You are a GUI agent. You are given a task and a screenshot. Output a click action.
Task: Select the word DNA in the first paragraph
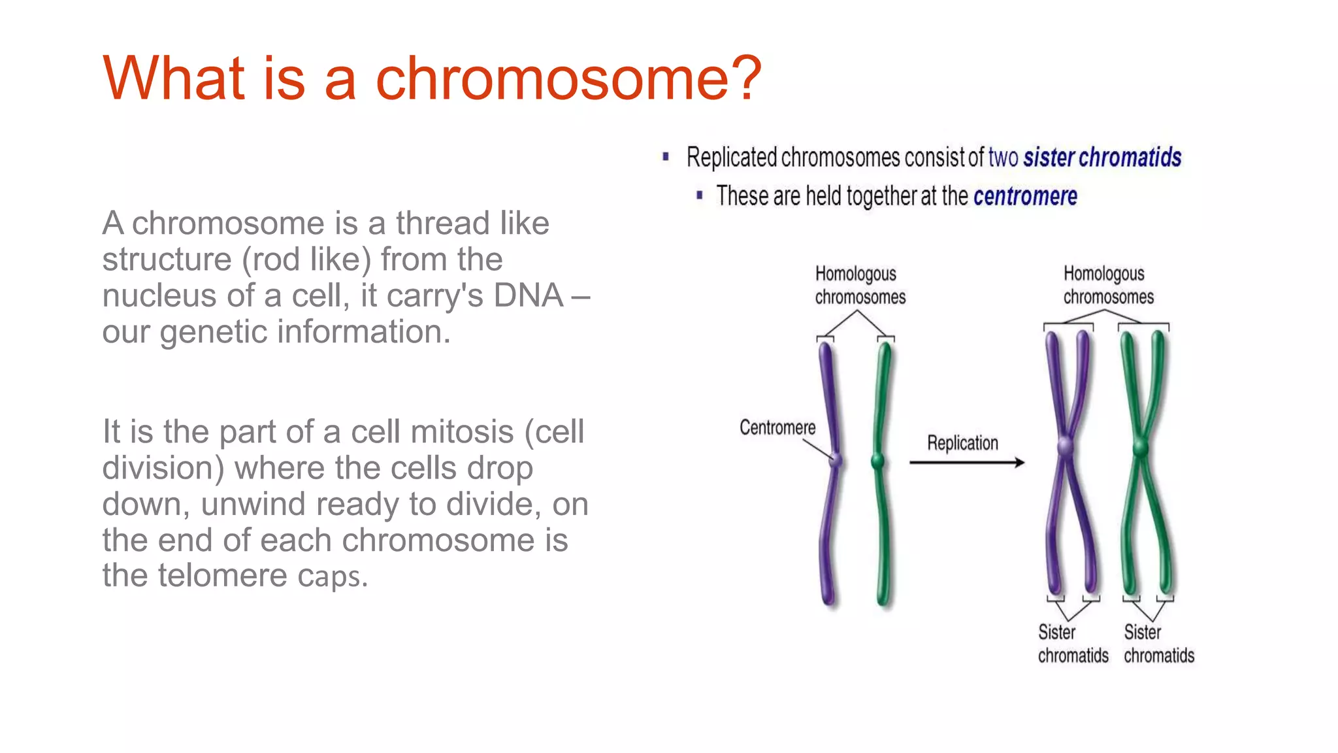(528, 295)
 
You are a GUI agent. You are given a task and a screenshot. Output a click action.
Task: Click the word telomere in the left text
(222, 576)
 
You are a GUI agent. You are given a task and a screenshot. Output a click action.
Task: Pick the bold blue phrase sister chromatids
(1102, 158)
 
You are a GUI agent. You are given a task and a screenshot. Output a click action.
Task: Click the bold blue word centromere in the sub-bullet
(1025, 196)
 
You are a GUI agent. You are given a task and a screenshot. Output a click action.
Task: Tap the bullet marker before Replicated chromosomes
(666, 157)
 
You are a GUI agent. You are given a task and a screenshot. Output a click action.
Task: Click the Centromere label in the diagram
(777, 427)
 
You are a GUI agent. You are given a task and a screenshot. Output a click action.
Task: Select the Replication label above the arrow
(962, 443)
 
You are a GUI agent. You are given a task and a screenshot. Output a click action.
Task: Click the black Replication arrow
(967, 463)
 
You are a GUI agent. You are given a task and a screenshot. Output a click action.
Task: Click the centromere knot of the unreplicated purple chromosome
(836, 460)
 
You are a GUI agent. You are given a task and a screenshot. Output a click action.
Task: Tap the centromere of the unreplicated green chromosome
(879, 461)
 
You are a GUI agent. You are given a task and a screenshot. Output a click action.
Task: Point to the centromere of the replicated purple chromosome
(1066, 447)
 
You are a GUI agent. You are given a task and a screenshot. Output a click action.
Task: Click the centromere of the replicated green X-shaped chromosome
(1141, 448)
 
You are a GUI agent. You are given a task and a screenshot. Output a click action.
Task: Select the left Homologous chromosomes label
(860, 285)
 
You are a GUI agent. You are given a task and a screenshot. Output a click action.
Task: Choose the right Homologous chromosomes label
(1108, 285)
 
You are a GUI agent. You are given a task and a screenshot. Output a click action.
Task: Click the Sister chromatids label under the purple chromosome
(1073, 644)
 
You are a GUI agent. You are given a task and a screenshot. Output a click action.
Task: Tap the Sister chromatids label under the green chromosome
(1158, 644)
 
